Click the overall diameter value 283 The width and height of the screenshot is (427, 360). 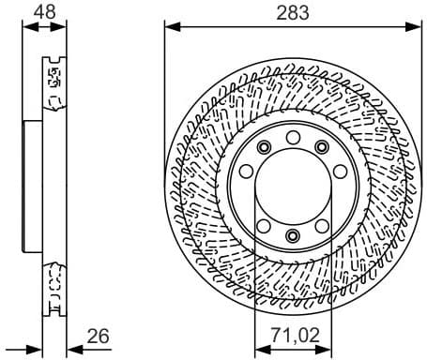(x=293, y=12)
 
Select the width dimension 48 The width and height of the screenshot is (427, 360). (x=43, y=12)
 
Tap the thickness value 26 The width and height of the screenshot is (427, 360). (x=99, y=335)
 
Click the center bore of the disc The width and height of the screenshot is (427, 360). (x=293, y=187)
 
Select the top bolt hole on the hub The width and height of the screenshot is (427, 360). (x=293, y=139)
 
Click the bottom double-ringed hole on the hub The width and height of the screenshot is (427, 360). (x=293, y=235)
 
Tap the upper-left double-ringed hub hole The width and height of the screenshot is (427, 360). (x=265, y=147)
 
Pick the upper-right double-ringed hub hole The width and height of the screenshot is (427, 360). (x=322, y=147)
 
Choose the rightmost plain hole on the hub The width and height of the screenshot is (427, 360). (x=338, y=172)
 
